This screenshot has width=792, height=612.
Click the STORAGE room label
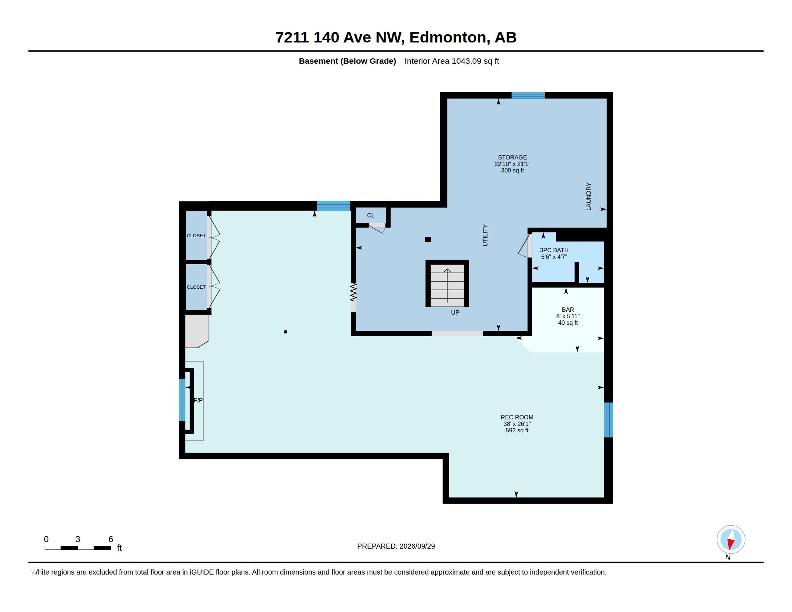pyautogui.click(x=512, y=157)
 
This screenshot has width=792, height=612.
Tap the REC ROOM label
pyautogui.click(x=517, y=417)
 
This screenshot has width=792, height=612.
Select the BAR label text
pyautogui.click(x=567, y=310)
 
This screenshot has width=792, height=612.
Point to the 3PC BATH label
pyautogui.click(x=554, y=250)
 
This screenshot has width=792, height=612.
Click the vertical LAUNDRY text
pyautogui.click(x=589, y=197)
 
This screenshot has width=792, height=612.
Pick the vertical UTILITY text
pyautogui.click(x=485, y=235)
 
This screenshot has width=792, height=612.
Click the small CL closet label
pyautogui.click(x=370, y=215)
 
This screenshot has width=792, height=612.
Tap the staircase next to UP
pyautogui.click(x=447, y=284)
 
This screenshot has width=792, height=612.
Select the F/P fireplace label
pyautogui.click(x=198, y=400)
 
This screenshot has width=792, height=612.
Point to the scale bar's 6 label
pyautogui.click(x=111, y=539)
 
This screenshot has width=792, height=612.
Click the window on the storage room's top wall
pyautogui.click(x=528, y=95)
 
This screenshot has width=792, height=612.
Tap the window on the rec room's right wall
pyautogui.click(x=608, y=420)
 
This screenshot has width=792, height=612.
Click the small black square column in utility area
pyautogui.click(x=428, y=239)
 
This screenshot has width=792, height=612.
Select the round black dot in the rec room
pyautogui.click(x=285, y=332)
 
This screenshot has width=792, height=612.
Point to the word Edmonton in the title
pyautogui.click(x=447, y=37)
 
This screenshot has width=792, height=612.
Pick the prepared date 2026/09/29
pyautogui.click(x=417, y=546)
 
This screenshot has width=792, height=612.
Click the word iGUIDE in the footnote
pyautogui.click(x=202, y=572)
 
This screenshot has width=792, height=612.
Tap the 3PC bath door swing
pyautogui.click(x=525, y=246)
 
